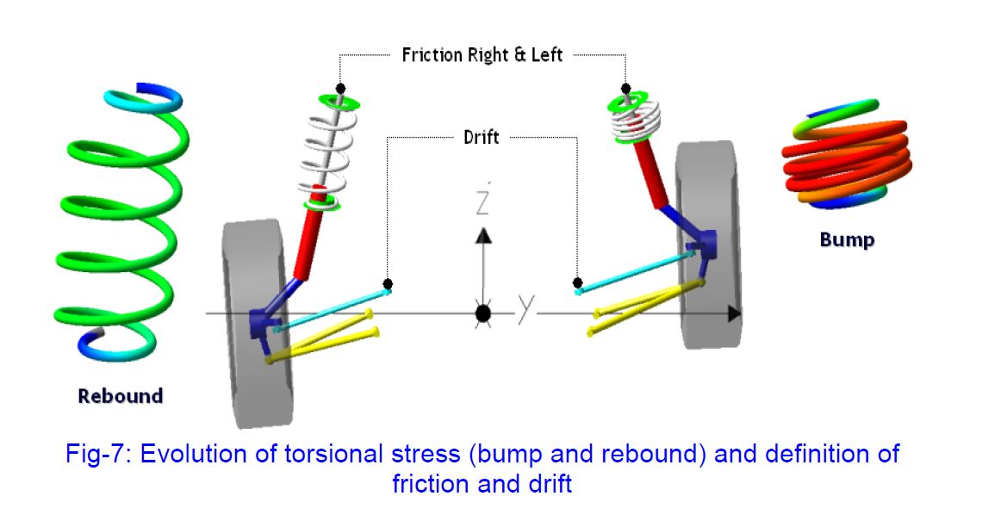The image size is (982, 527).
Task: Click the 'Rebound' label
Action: [x=120, y=396]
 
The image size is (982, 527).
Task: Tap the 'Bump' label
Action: [x=846, y=239]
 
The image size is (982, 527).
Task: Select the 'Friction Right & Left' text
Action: [x=482, y=55]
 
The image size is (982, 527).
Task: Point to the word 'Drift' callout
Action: [x=480, y=136]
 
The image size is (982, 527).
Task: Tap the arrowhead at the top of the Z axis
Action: [x=483, y=235]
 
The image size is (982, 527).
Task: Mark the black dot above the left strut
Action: [x=341, y=89]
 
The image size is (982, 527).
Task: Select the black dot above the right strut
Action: [x=626, y=88]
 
